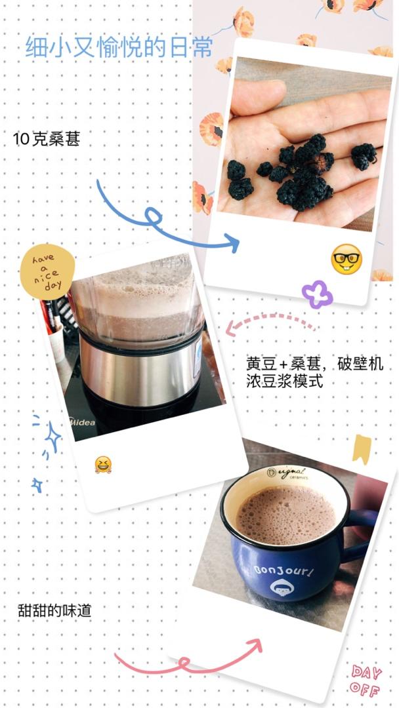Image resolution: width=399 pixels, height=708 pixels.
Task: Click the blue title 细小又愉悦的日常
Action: tap(118, 47)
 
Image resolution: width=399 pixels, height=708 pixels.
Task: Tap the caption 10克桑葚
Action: tap(47, 139)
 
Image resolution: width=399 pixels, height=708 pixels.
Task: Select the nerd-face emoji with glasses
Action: tap(346, 259)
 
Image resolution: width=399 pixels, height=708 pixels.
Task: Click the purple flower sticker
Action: tap(317, 294)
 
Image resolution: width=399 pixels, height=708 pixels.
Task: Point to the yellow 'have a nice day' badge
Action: tap(47, 272)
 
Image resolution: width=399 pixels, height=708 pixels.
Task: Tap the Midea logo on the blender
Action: tap(82, 422)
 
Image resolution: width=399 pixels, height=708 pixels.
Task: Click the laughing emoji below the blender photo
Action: tap(103, 465)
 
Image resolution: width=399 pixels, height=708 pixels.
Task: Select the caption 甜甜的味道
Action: tap(54, 610)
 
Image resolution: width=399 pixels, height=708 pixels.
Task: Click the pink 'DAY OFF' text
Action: tap(365, 679)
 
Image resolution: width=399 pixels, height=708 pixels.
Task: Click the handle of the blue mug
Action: tap(360, 536)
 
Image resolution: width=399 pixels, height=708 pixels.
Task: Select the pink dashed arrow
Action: tap(270, 317)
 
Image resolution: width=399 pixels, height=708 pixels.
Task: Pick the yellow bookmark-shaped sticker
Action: tap(362, 449)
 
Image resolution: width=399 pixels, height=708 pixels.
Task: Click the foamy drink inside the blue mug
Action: tap(286, 515)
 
